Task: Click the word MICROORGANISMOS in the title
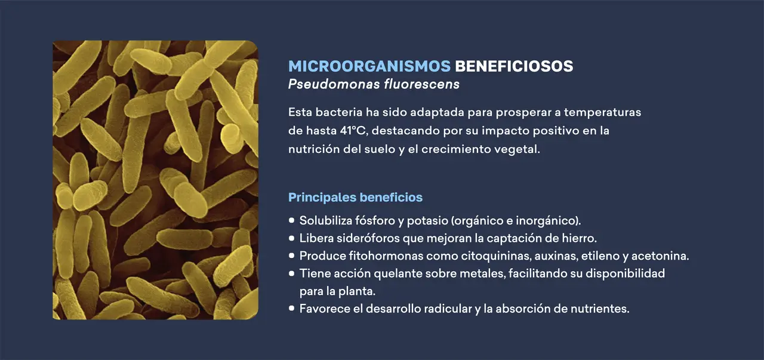(x=369, y=66)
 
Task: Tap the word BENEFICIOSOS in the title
(x=514, y=66)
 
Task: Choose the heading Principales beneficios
(x=355, y=197)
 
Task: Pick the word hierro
(x=578, y=238)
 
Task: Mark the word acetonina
(x=661, y=256)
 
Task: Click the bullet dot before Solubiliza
(x=292, y=220)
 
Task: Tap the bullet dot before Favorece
(x=292, y=309)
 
